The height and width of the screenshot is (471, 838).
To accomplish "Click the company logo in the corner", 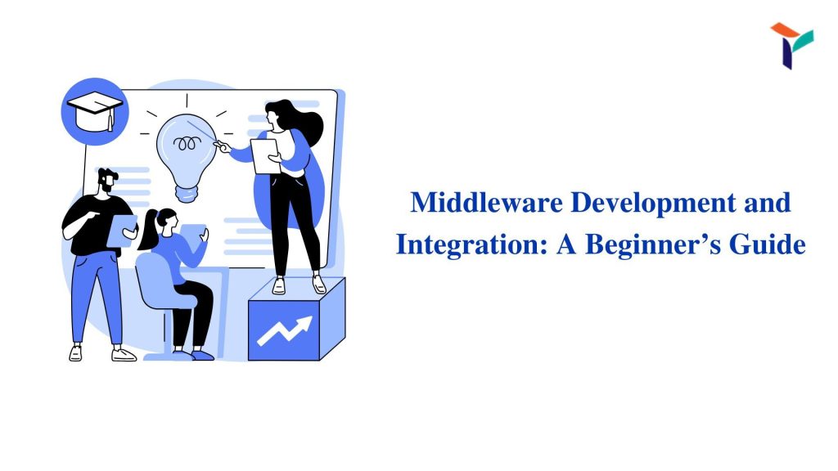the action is pos(791,45).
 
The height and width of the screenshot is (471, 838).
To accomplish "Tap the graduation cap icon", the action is pos(95,111).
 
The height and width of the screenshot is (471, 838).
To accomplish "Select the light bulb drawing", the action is pos(186,157).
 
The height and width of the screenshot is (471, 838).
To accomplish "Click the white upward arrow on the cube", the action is pos(284,331).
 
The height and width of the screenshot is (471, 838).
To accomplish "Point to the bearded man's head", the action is pos(107,181).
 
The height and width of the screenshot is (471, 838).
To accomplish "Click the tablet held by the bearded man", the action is pos(122,231).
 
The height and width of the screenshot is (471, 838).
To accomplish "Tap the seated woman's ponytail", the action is pos(148,230).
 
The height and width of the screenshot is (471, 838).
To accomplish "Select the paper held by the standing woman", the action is pos(266,156).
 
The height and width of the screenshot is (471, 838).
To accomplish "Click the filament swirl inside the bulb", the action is pos(187,143).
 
